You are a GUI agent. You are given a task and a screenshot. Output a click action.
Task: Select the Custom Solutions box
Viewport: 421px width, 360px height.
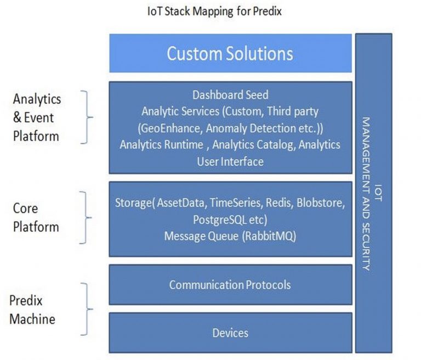[x=230, y=53]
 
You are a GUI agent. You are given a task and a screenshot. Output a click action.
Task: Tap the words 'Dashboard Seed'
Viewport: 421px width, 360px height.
[x=230, y=95]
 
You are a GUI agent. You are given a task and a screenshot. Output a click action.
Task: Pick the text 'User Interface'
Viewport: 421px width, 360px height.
[x=230, y=161]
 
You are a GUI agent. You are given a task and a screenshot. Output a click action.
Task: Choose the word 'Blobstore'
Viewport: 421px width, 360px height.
[x=321, y=203]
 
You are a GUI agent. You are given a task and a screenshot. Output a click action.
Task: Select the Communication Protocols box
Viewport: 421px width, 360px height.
[x=230, y=285]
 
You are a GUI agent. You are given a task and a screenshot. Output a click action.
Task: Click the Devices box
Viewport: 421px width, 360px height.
[x=230, y=333]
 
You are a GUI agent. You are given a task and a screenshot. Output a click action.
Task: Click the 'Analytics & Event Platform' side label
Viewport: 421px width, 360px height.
[x=37, y=117]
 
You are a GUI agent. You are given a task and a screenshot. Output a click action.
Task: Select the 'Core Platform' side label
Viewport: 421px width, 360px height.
[x=36, y=218]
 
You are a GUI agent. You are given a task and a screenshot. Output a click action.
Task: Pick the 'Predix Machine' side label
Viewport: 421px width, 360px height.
[x=32, y=310]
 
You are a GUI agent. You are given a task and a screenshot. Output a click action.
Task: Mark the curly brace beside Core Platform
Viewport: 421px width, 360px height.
[x=86, y=217]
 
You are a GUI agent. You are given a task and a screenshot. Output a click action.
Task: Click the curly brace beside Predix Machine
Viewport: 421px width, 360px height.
[x=86, y=309]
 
